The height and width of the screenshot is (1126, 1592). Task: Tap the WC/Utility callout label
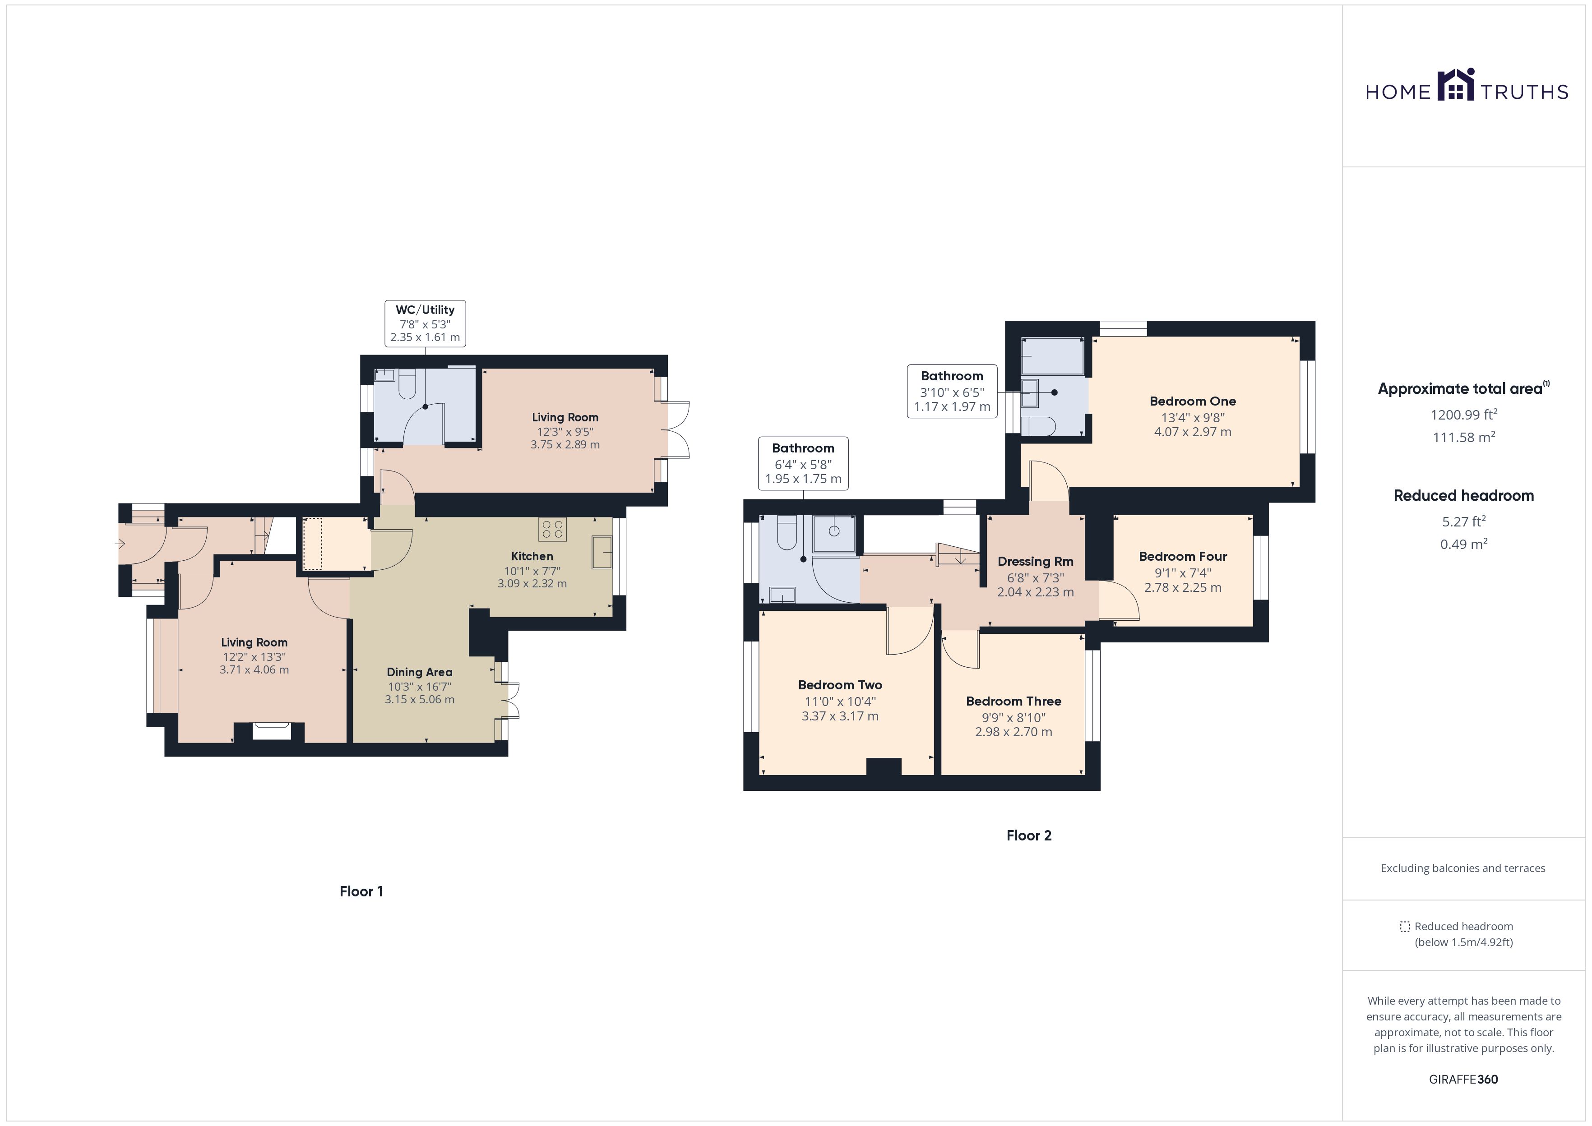(x=425, y=323)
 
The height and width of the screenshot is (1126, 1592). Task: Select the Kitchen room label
(x=532, y=556)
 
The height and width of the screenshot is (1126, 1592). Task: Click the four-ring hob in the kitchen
(x=553, y=529)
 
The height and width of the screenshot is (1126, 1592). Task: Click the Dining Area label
(x=420, y=672)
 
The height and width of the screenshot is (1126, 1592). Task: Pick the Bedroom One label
(x=1193, y=401)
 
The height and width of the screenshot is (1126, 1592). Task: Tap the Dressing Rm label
(x=1035, y=562)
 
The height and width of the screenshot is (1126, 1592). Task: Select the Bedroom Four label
(x=1183, y=556)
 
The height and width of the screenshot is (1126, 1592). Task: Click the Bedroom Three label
(x=1014, y=701)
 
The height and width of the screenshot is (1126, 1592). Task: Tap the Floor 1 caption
(x=361, y=892)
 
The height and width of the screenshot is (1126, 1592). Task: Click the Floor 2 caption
(x=1029, y=835)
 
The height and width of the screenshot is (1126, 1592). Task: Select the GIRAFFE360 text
(x=1463, y=1080)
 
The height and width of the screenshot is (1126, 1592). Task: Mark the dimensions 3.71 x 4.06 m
(x=255, y=670)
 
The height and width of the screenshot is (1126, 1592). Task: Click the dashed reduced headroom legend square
(x=1405, y=926)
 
